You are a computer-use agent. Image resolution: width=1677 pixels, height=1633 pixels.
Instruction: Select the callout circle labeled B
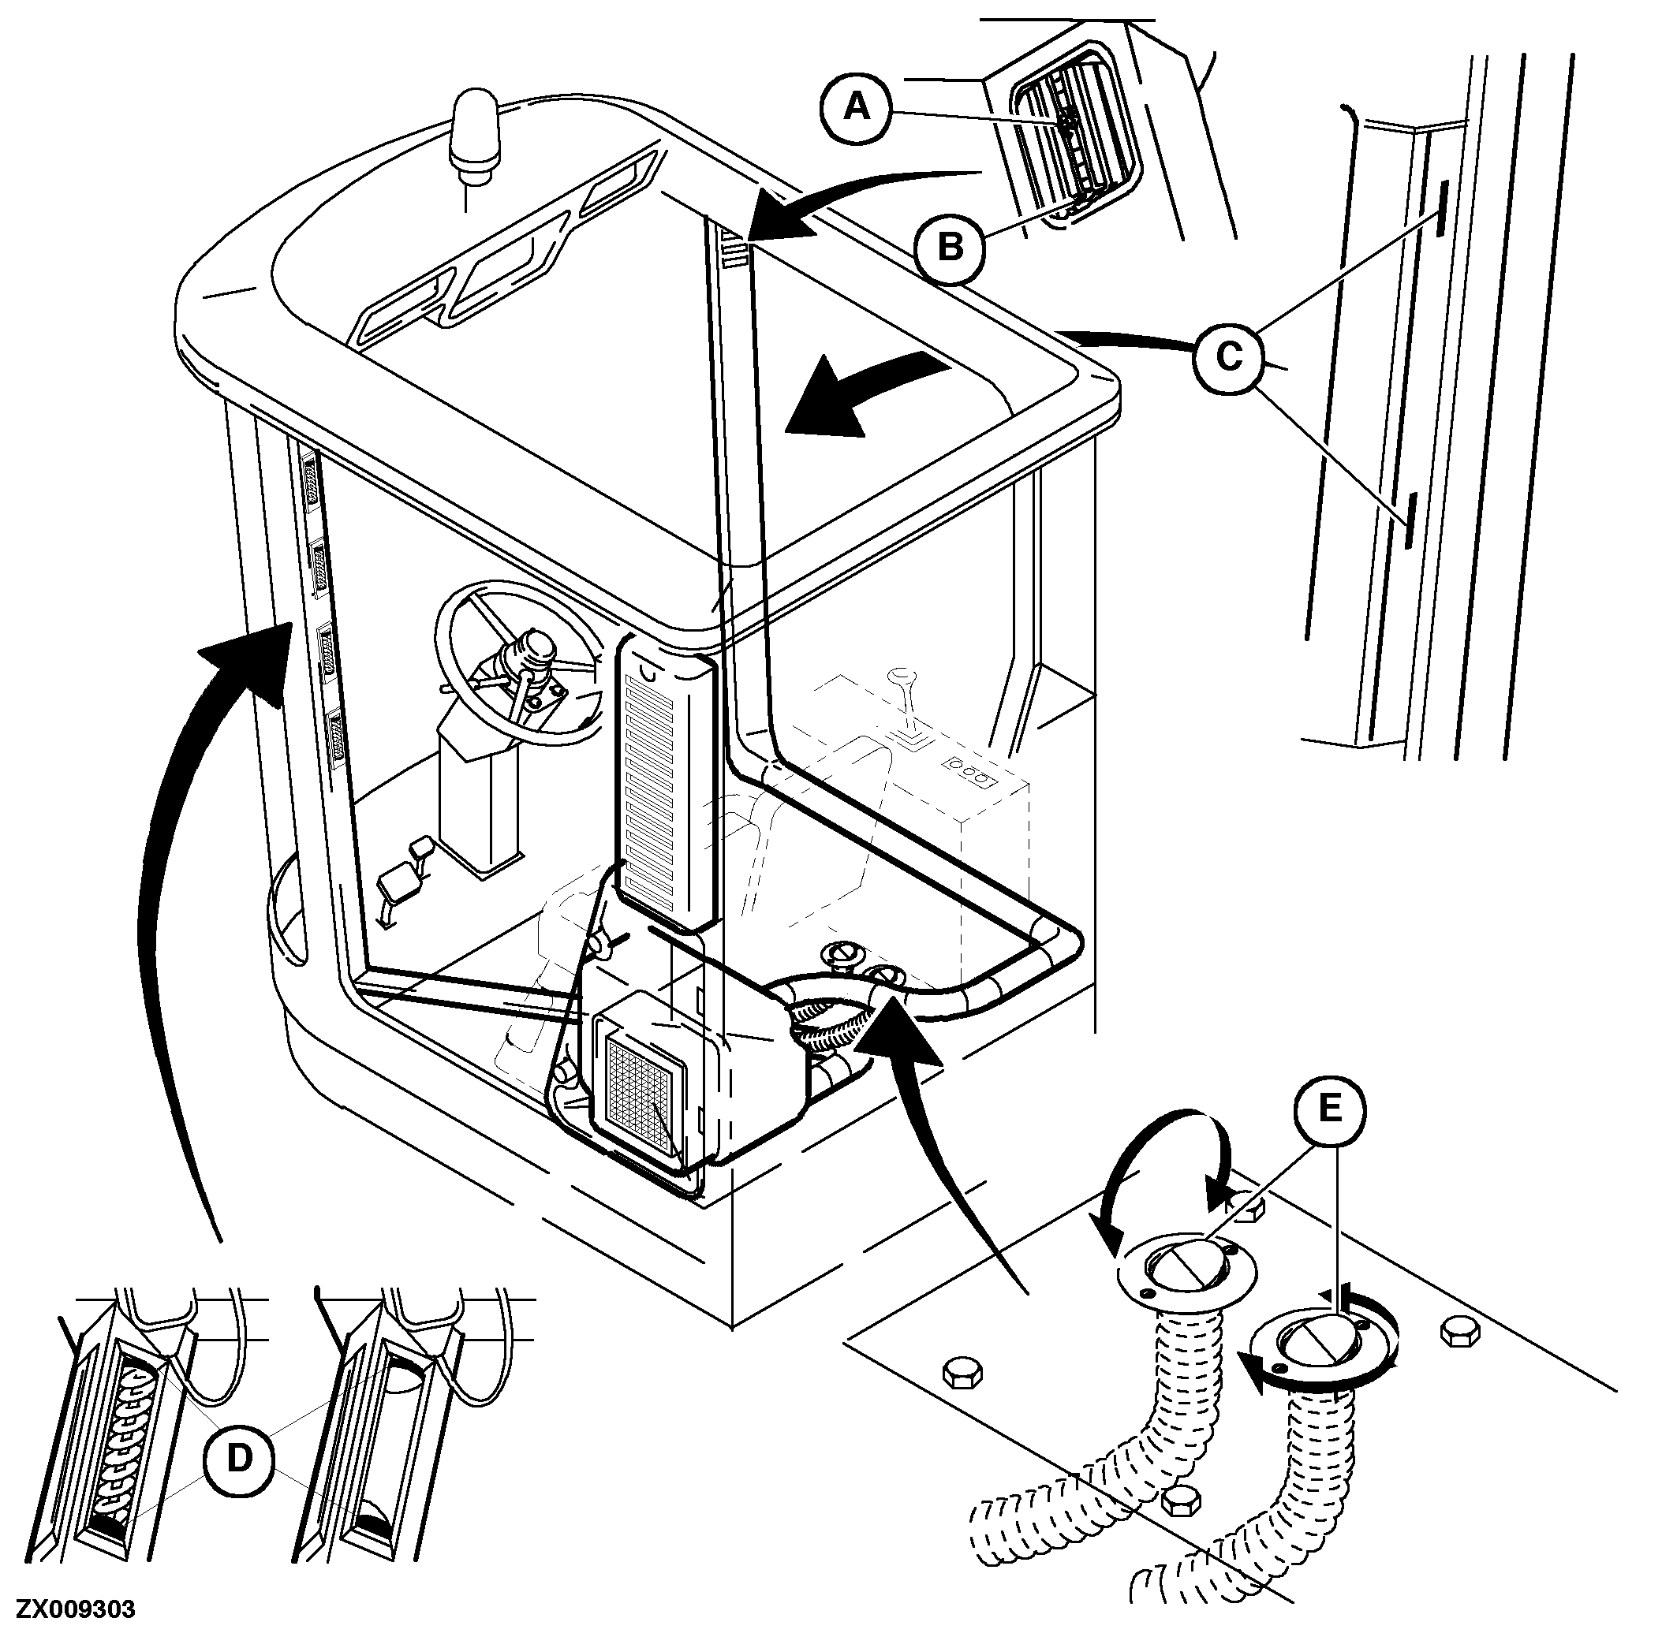click(951, 247)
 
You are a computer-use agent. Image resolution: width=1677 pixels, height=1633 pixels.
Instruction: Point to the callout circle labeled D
click(239, 1458)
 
